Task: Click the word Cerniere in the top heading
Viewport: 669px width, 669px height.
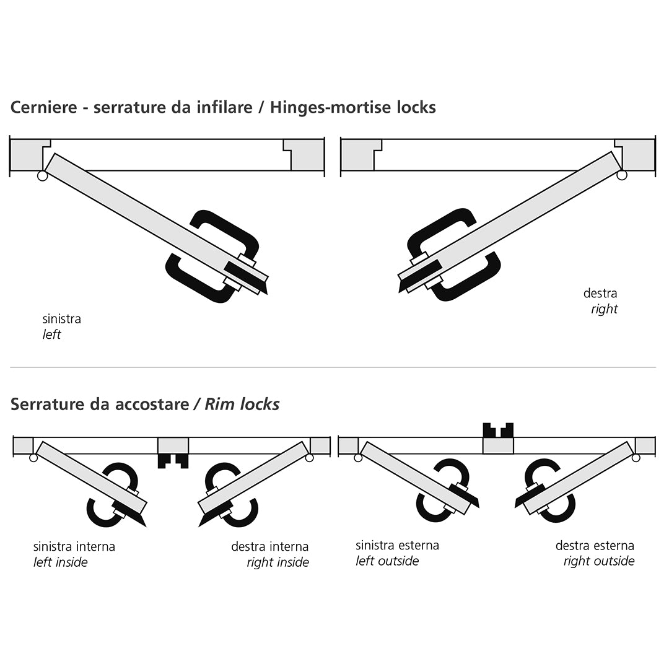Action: click(43, 107)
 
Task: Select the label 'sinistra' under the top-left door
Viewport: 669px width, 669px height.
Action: click(61, 319)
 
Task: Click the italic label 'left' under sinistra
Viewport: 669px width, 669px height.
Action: click(51, 334)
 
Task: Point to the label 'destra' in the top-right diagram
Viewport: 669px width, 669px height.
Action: click(600, 293)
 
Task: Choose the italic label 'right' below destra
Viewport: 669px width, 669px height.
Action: click(604, 309)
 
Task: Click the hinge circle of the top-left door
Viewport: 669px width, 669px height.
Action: click(42, 175)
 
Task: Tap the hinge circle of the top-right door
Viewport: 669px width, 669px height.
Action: click(622, 175)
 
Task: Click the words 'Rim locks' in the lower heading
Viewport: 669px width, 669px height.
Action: click(242, 404)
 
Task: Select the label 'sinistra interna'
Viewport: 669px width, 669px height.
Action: click(74, 546)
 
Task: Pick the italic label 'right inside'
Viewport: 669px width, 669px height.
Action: click(278, 562)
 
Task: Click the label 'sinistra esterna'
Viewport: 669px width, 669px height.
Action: click(397, 545)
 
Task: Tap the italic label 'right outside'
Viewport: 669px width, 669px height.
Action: click(599, 561)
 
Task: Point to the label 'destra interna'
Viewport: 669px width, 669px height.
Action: click(269, 546)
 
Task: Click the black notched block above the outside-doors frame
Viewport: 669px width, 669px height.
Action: click(498, 430)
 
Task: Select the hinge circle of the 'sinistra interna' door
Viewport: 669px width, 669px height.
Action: click(33, 458)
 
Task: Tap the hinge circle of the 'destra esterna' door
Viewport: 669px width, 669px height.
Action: click(636, 458)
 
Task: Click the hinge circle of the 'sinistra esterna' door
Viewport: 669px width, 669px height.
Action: click(358, 458)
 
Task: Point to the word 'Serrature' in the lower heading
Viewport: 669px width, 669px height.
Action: click(48, 404)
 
